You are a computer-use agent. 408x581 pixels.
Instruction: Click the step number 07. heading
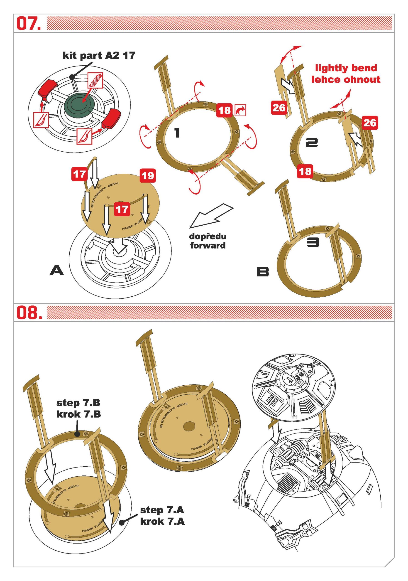(x=28, y=23)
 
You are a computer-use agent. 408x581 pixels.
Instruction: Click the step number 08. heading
(x=29, y=313)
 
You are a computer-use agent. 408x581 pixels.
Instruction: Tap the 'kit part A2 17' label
(x=99, y=55)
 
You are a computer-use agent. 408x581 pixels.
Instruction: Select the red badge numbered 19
(x=148, y=176)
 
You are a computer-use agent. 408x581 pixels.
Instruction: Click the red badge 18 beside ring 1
(x=224, y=110)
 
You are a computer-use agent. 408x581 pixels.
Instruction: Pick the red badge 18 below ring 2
(x=305, y=171)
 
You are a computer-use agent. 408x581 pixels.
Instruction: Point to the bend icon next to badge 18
(x=240, y=110)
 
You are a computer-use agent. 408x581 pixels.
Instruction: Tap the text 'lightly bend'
(x=346, y=68)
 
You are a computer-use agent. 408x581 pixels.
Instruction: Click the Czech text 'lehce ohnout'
(x=346, y=79)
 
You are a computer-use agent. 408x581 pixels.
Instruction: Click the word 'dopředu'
(x=208, y=236)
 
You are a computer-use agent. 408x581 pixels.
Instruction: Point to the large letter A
(x=57, y=271)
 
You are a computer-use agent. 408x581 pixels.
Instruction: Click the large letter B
(x=263, y=272)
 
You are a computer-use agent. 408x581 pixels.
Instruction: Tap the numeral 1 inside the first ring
(x=177, y=133)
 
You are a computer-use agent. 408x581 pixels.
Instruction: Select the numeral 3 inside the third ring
(x=313, y=242)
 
